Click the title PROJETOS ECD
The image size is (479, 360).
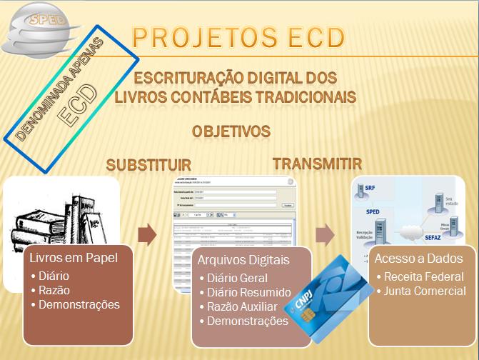click(238, 37)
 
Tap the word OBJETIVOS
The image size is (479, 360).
click(231, 131)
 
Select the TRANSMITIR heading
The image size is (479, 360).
click(317, 164)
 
